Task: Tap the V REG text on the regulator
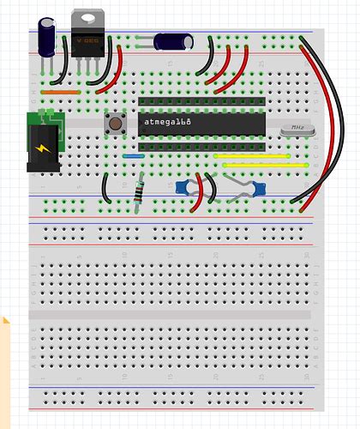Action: [x=87, y=39]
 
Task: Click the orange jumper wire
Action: [x=60, y=90]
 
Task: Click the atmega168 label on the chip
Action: [x=168, y=124]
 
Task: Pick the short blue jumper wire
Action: [x=133, y=156]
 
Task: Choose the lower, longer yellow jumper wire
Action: [x=264, y=165]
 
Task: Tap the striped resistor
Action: [x=140, y=194]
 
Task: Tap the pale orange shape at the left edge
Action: [x=6, y=360]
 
